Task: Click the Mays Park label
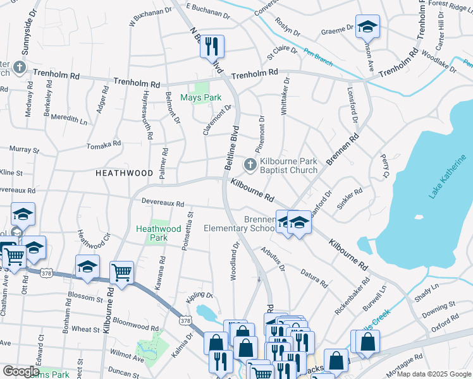pyautogui.click(x=200, y=97)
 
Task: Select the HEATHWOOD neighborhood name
pyautogui.click(x=124, y=172)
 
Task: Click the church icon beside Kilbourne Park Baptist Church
pyautogui.click(x=250, y=165)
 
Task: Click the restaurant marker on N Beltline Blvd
pyautogui.click(x=212, y=46)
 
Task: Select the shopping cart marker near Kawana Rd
pyautogui.click(x=121, y=273)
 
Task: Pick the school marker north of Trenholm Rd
pyautogui.click(x=367, y=27)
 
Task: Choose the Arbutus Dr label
pyautogui.click(x=273, y=259)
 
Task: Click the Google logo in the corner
pyautogui.click(x=21, y=371)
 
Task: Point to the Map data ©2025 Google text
pyautogui.click(x=436, y=375)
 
